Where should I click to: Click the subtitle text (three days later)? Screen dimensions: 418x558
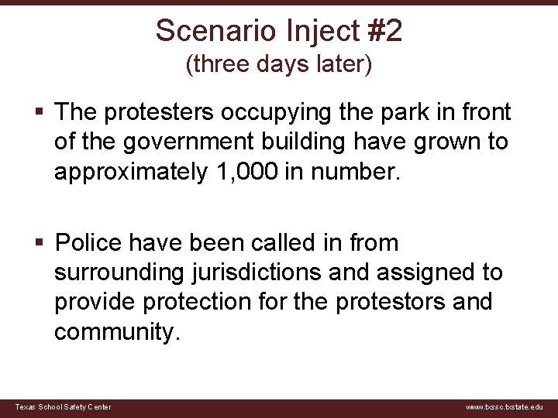[x=279, y=65]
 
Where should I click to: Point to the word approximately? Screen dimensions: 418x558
[x=129, y=172]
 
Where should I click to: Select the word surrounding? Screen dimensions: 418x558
[x=116, y=272]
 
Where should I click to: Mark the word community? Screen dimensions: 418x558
[x=116, y=331]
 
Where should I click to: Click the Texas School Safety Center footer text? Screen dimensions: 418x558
[x=64, y=407]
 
